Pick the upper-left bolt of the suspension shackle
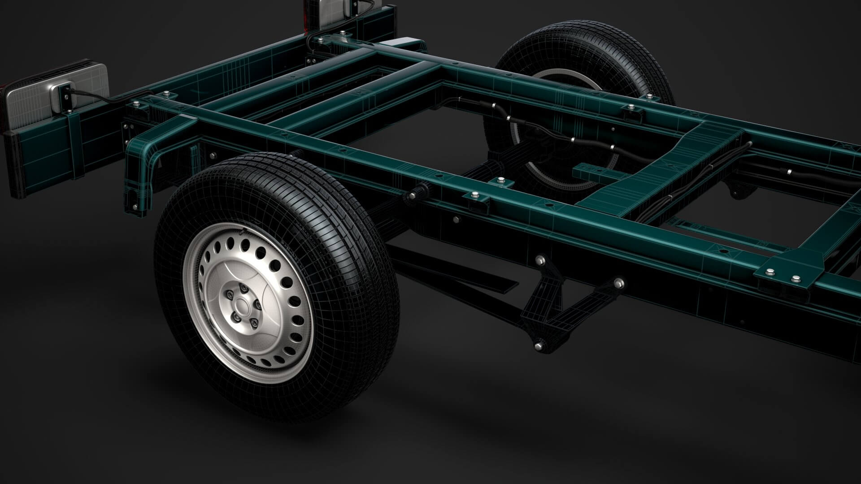coord(539,260)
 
